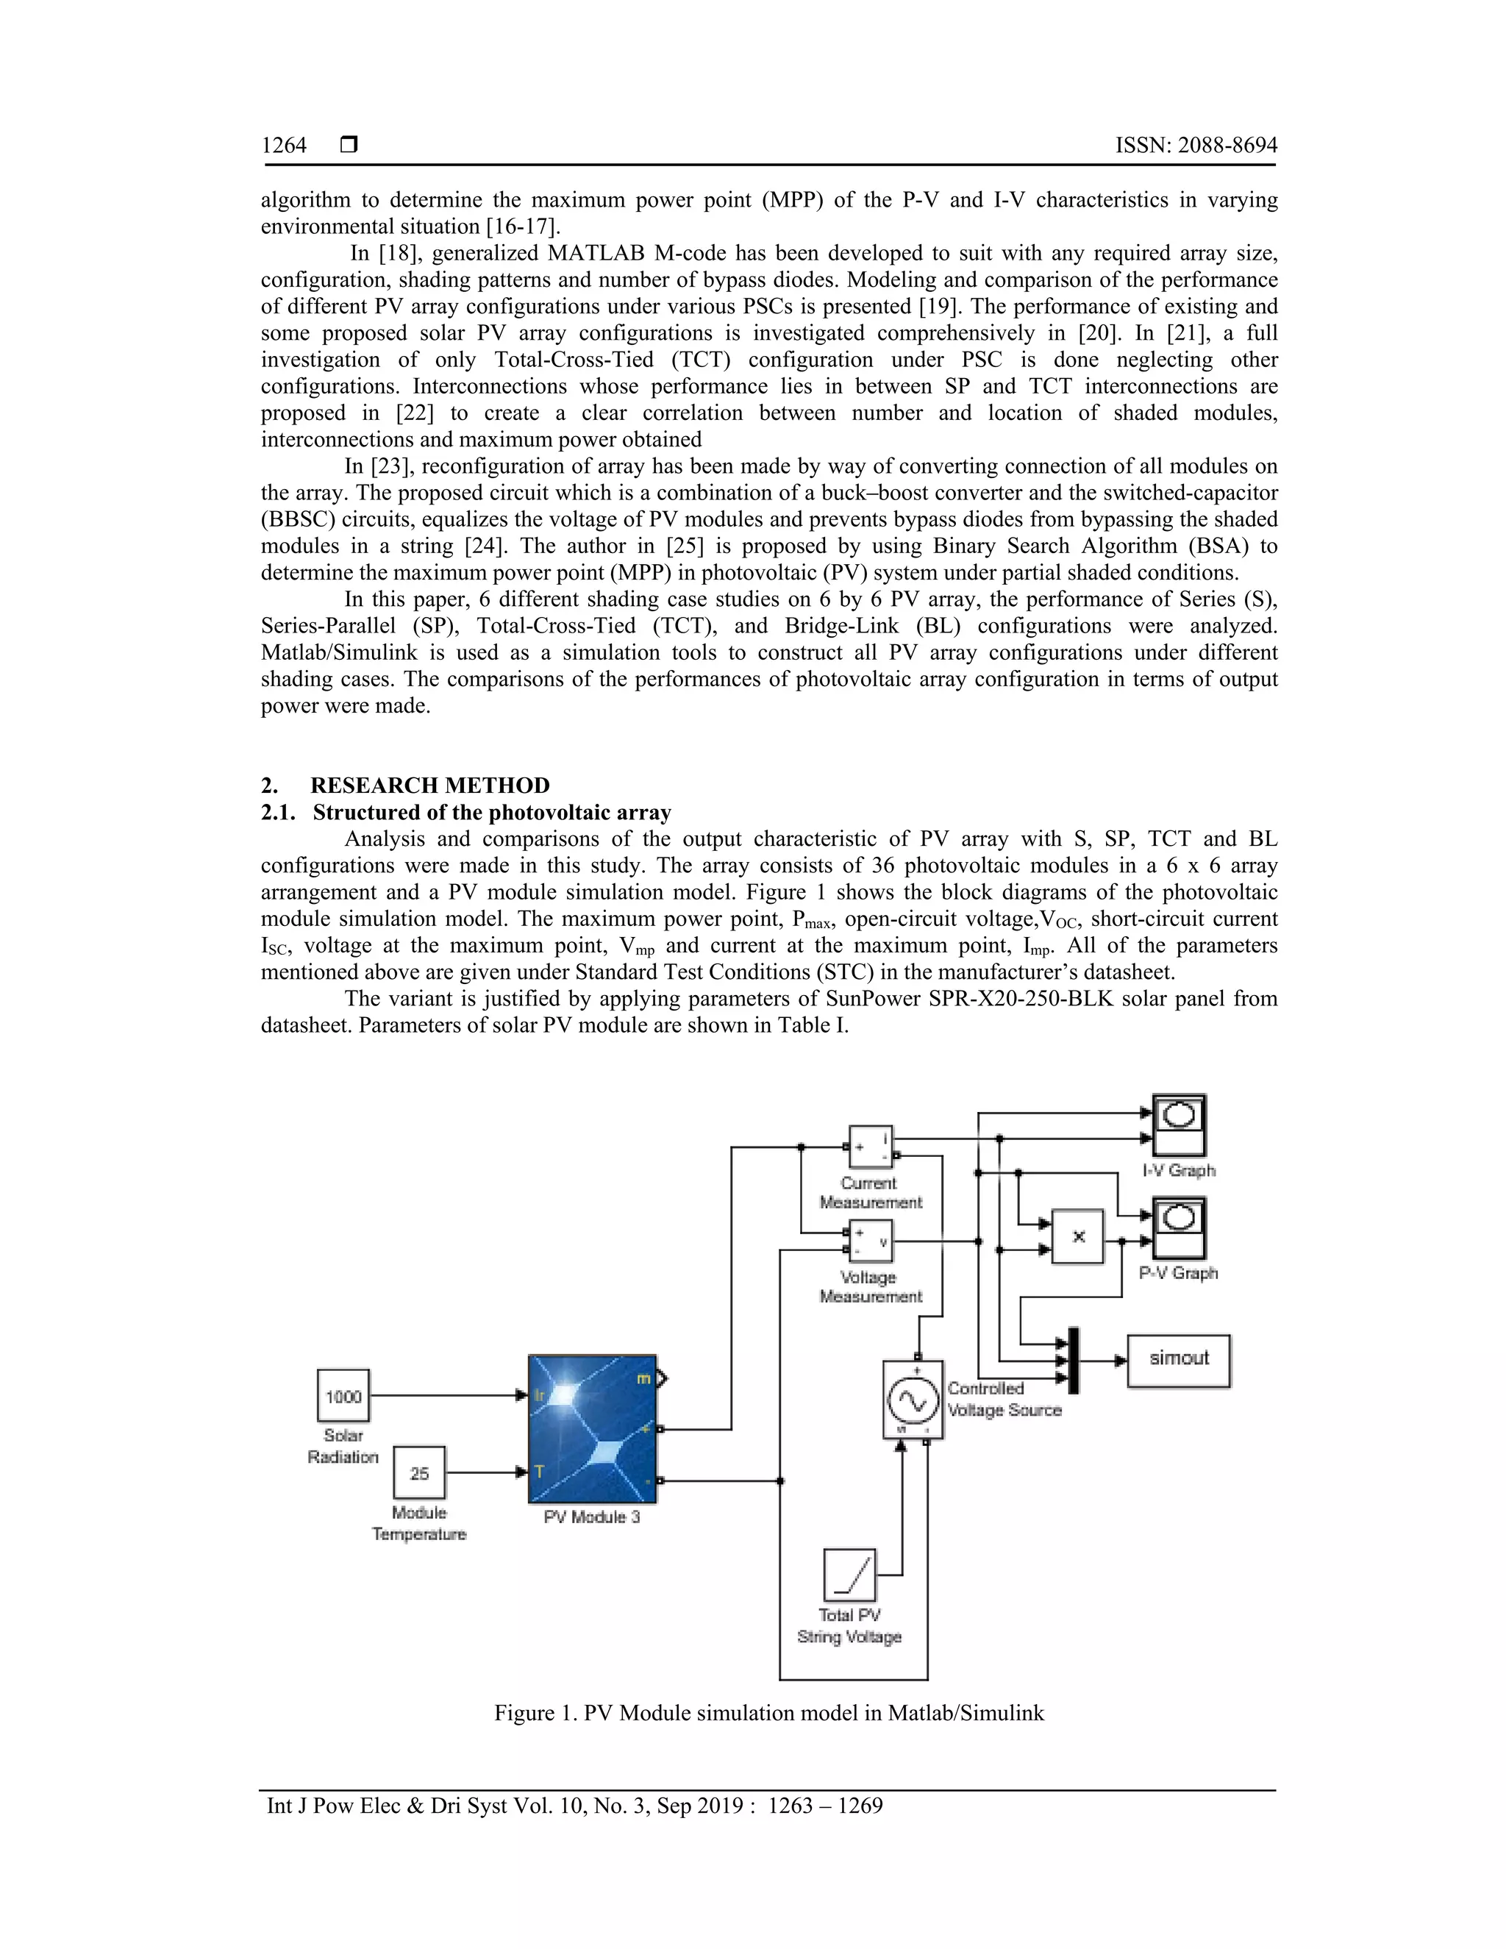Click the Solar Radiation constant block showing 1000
343,1396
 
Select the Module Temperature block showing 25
419,1472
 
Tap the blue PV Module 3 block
593,1429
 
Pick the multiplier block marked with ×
1078,1237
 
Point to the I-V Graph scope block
1179,1125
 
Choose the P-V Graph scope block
1179,1228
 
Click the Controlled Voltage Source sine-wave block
913,1400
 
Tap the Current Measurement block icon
870,1147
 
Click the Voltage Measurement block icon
870,1241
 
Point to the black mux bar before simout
1074,1360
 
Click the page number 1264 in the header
284,146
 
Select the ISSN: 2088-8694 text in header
1196,146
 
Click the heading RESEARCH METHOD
429,785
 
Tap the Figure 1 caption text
769,1712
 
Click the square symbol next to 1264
350,145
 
